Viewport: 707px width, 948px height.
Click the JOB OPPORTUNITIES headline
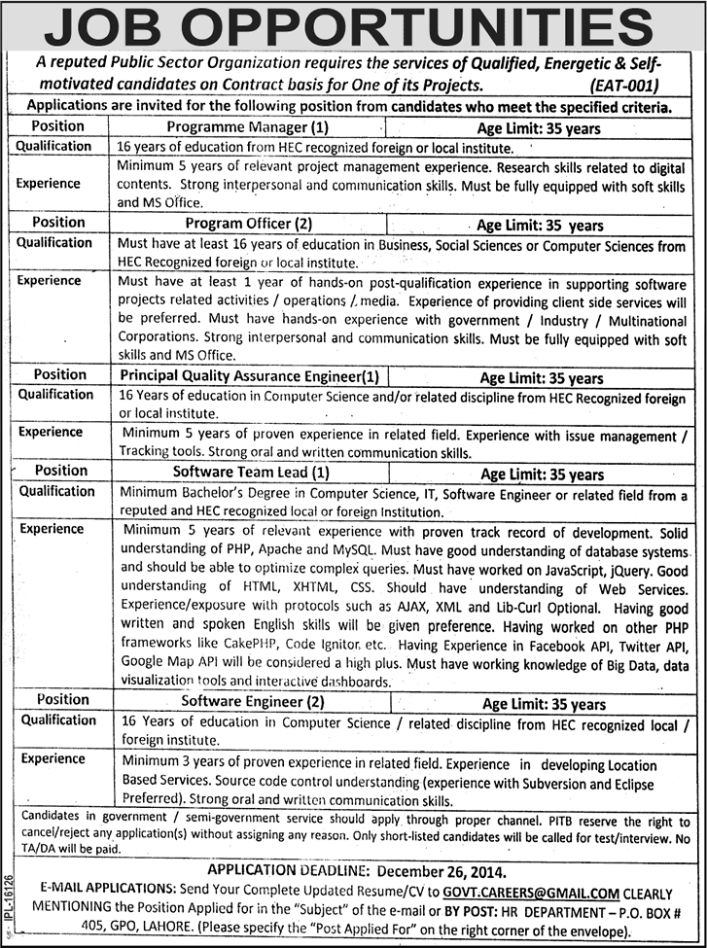(x=353, y=26)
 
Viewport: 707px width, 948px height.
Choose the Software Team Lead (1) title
(x=253, y=474)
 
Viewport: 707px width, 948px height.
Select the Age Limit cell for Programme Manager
(x=538, y=127)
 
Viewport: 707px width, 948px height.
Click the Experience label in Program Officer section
(x=50, y=280)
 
